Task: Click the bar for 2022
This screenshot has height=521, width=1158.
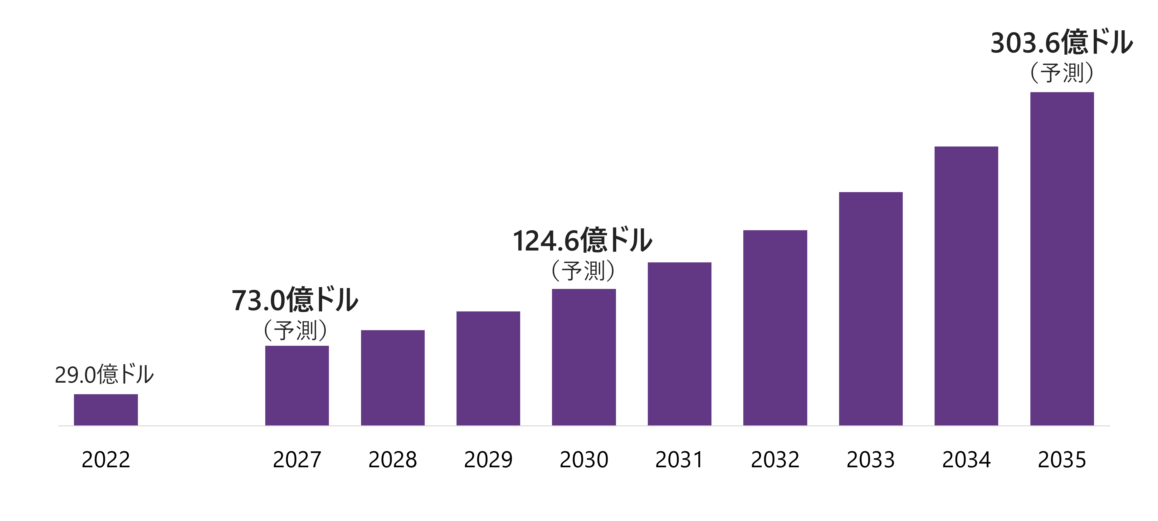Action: point(106,409)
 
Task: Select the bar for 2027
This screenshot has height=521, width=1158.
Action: point(297,385)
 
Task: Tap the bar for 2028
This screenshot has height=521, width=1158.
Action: point(393,378)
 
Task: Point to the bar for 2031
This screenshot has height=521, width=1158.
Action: point(679,344)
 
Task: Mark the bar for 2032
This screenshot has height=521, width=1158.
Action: point(775,328)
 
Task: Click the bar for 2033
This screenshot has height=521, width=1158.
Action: point(870,309)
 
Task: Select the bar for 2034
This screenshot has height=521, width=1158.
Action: point(966,286)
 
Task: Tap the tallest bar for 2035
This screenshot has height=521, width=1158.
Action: point(1062,259)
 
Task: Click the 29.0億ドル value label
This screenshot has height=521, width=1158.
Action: point(104,374)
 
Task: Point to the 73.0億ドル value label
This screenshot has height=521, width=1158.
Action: point(295,300)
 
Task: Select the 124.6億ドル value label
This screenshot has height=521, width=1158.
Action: point(583,240)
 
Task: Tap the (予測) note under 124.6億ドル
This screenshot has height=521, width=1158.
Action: point(583,271)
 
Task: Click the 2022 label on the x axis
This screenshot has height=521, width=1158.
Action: point(106,460)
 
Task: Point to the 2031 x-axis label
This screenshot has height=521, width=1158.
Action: point(679,460)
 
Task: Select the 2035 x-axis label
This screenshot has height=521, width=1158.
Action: point(1062,460)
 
